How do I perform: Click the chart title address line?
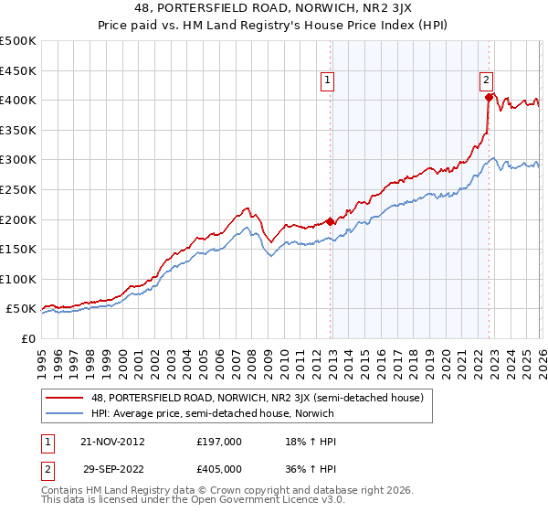274,10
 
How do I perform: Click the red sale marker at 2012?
331,221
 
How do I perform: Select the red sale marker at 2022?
490,97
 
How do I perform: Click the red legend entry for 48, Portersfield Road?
237,398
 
